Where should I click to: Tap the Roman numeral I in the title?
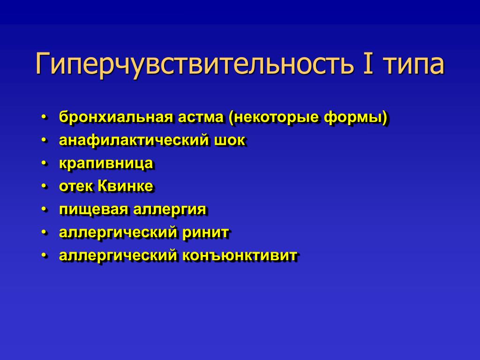pos(368,63)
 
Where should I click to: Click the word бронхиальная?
pos(116,117)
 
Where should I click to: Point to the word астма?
pos(201,118)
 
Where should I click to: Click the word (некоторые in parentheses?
pos(274,118)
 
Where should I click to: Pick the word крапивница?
pos(106,164)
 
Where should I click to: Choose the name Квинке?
pos(125,186)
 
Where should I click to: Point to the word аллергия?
pos(170,210)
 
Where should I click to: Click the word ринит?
pos(206,232)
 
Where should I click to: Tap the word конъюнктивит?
pos(240,255)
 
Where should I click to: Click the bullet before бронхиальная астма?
pos(45,117)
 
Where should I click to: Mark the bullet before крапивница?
pos(45,164)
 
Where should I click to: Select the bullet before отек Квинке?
pos(45,187)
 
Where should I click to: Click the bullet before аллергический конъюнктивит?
pos(45,255)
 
